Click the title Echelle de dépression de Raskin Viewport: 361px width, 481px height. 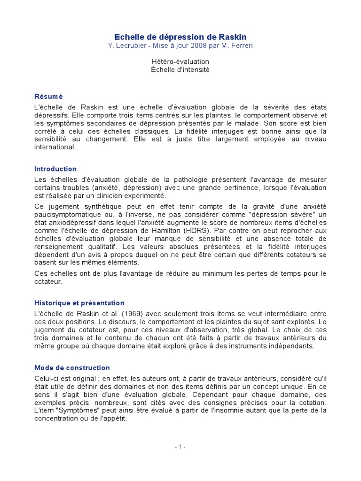[x=180, y=37]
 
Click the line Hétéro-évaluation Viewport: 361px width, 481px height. [x=180, y=62]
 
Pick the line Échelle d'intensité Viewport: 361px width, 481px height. [x=180, y=70]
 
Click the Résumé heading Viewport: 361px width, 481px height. [x=48, y=95]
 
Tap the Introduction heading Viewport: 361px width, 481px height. [x=55, y=169]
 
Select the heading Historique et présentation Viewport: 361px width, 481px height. [x=79, y=303]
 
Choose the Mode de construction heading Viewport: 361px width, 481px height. [x=72, y=368]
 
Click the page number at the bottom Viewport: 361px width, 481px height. [x=180, y=447]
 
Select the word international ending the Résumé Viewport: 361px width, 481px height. [x=55, y=147]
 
